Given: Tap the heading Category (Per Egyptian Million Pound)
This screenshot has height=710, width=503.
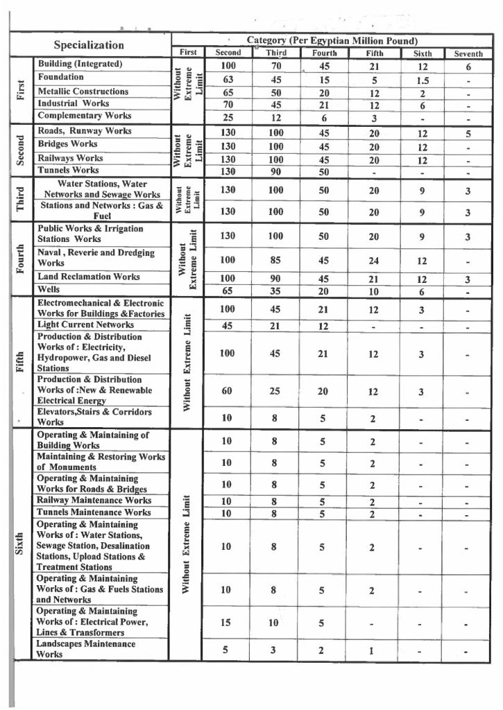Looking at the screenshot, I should [331, 40].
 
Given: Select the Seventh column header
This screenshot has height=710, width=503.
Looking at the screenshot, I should [468, 53].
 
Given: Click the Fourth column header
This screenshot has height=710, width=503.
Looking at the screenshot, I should [324, 53].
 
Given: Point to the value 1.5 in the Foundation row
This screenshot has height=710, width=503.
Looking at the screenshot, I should [422, 79].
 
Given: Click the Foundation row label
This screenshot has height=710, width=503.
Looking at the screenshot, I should [61, 78].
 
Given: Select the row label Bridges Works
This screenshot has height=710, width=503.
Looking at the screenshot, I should [67, 144].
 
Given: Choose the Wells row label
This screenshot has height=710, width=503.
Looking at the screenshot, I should [48, 290].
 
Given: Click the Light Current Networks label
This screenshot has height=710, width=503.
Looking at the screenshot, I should [85, 324].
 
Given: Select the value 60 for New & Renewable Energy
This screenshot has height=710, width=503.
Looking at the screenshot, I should [228, 392].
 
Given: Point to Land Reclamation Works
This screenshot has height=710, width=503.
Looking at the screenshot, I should [89, 277].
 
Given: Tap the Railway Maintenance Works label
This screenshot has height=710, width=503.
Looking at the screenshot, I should [94, 500].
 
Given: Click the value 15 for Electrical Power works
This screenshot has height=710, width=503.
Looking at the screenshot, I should [226, 622].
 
